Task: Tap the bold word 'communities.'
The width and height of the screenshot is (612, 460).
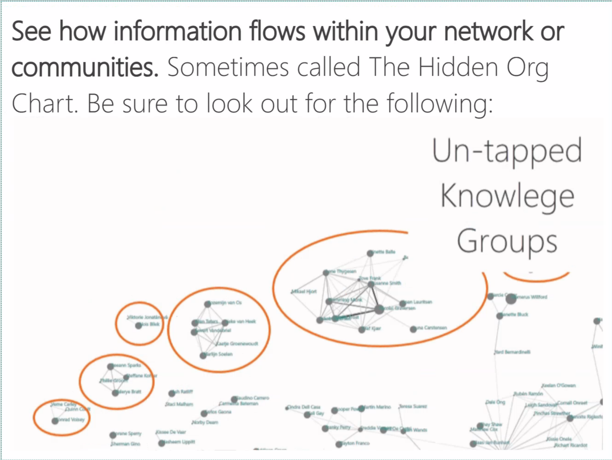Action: click(85, 67)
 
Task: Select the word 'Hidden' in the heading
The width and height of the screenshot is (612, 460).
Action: click(458, 67)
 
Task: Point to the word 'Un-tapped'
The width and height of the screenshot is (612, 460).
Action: click(507, 151)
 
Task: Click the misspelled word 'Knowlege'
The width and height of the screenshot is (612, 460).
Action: click(507, 196)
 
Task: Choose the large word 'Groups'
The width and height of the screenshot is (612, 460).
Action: click(507, 241)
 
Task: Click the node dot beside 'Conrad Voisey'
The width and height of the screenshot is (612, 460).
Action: click(55, 421)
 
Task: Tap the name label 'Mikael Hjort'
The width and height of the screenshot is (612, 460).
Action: click(304, 291)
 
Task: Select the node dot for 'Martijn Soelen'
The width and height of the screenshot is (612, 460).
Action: click(203, 356)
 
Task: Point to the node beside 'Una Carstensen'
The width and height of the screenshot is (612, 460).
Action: click(413, 329)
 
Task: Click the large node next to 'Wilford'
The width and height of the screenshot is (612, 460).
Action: click(511, 298)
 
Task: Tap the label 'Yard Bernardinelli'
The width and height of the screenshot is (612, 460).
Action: click(512, 352)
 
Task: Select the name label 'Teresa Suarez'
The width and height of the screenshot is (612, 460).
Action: click(413, 406)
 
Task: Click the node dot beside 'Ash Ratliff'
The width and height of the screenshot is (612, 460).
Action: click(172, 393)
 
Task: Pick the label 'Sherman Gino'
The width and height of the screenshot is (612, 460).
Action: click(126, 444)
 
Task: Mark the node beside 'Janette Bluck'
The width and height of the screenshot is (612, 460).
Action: click(500, 316)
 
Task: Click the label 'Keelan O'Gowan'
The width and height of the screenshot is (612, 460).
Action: click(558, 385)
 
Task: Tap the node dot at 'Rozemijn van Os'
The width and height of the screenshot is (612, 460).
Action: click(208, 304)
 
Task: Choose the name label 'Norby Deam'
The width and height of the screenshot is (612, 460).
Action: click(205, 422)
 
